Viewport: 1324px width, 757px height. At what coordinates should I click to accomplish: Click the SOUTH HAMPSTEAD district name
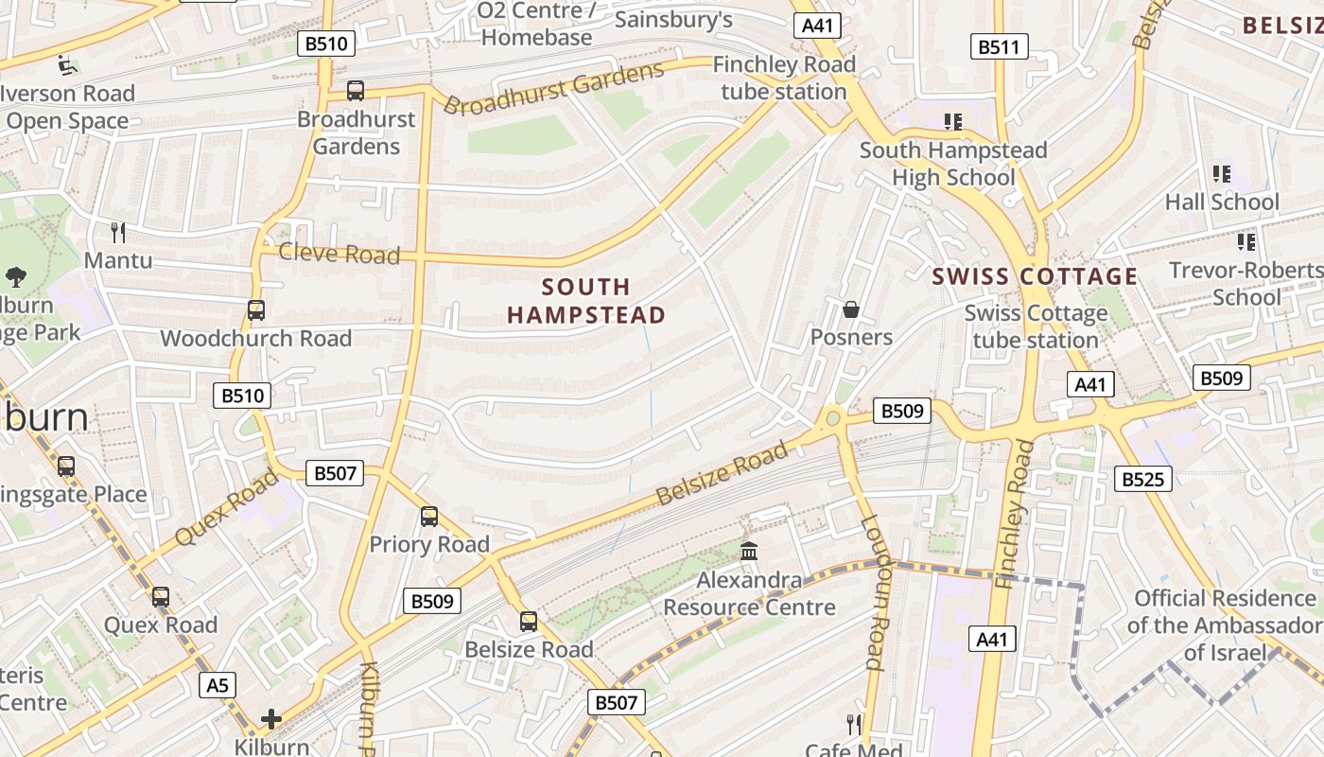click(x=586, y=301)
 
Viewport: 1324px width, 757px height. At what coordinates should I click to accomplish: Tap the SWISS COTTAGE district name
click(x=1035, y=276)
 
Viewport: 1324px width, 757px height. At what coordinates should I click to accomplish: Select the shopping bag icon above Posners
click(x=851, y=309)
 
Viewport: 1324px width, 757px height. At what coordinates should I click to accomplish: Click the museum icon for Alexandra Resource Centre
click(x=749, y=551)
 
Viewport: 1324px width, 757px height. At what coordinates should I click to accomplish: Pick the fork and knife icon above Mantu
click(x=118, y=232)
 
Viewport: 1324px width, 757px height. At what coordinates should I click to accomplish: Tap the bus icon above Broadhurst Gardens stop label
click(x=356, y=91)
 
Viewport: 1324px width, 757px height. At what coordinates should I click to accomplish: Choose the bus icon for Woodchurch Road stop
click(x=255, y=310)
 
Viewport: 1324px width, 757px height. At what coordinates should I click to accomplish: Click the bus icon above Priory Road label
click(x=429, y=517)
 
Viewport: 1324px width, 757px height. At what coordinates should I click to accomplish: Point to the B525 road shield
click(x=1142, y=479)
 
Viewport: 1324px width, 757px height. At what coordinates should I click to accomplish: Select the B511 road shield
click(x=1000, y=46)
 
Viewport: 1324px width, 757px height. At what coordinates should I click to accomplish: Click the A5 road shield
click(x=218, y=685)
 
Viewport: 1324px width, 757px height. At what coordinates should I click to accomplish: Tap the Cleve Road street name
click(x=339, y=254)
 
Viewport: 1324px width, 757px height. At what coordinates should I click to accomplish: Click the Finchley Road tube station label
click(x=784, y=79)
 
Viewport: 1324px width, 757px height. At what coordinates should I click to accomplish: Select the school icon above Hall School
click(x=1221, y=174)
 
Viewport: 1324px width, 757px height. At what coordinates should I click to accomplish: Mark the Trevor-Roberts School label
click(x=1246, y=283)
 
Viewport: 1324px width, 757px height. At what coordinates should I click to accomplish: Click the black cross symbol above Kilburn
click(x=271, y=719)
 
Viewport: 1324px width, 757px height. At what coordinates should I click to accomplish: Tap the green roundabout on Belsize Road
click(x=832, y=417)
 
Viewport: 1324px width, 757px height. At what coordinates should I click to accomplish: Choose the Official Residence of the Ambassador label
click(x=1225, y=625)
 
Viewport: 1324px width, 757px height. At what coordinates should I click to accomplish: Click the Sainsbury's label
click(x=673, y=19)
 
